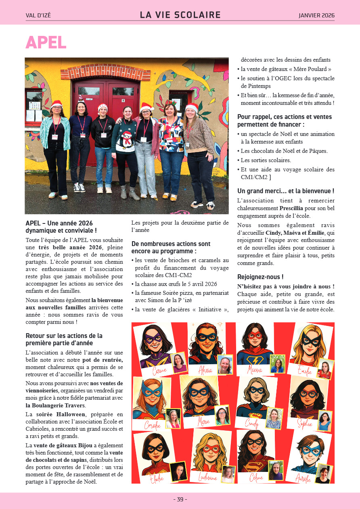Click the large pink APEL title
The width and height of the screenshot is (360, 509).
pos(46,42)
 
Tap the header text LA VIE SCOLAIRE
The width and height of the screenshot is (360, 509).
pos(180,15)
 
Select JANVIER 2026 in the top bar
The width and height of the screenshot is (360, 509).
pos(316,16)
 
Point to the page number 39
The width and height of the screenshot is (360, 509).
pos(180,499)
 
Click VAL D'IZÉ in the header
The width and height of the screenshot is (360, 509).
pos(38,16)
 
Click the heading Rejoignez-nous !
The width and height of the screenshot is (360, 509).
pos(260,277)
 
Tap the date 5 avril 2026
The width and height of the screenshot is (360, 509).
pos(198,284)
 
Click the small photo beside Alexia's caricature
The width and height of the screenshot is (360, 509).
pos(225,365)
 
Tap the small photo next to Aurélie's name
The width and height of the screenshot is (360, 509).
pos(323,474)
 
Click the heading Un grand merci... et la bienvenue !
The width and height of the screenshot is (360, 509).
pos(285,191)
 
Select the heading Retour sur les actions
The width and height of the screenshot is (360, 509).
pos(64,336)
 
